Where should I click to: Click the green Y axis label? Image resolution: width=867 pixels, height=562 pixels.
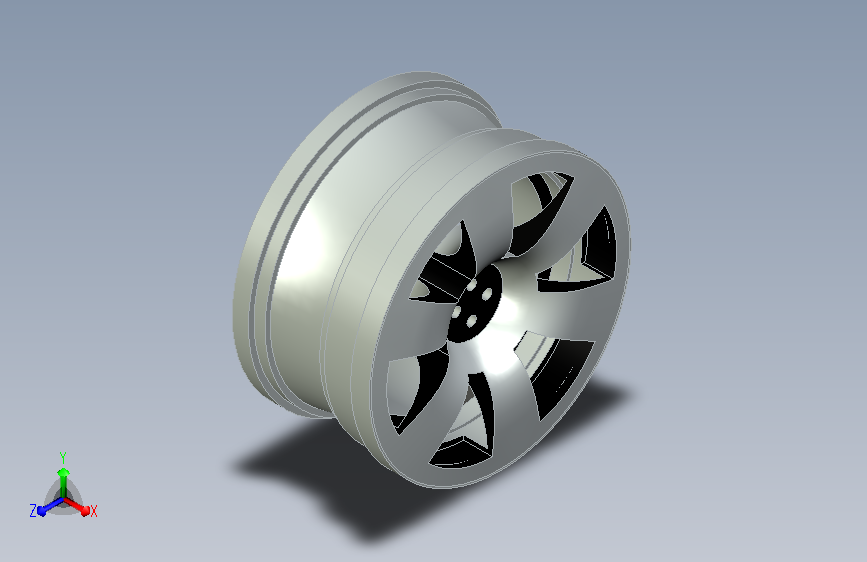63,457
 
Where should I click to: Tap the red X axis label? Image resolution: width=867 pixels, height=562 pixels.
93,512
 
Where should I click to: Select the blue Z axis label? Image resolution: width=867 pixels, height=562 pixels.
33,511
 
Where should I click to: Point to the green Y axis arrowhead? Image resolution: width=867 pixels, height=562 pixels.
64,473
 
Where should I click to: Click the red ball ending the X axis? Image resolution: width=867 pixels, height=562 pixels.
85,511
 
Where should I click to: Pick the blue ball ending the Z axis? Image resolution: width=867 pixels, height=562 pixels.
42,512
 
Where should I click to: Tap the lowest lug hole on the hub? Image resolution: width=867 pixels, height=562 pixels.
472,321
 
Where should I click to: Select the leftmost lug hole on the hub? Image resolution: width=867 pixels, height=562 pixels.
457,312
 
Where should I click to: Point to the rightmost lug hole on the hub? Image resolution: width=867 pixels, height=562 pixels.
487,295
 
